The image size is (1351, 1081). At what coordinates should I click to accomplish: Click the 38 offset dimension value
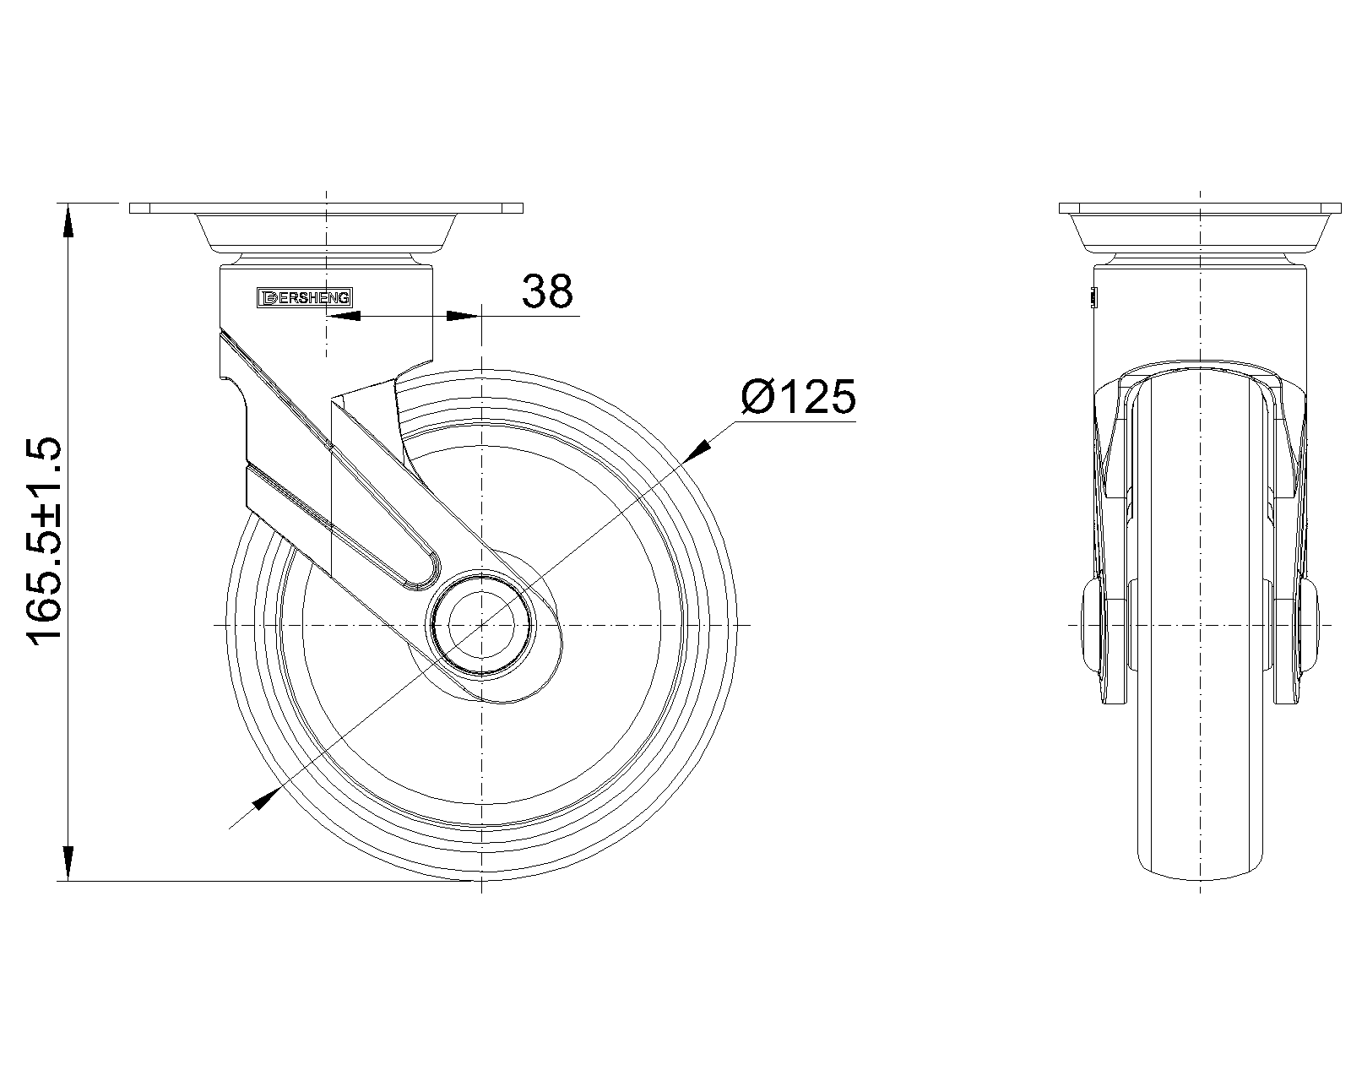pos(547,291)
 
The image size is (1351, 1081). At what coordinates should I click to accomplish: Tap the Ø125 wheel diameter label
pos(799,396)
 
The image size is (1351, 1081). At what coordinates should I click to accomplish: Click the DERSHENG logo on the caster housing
pos(305,298)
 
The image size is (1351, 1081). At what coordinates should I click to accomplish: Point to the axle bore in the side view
pos(481,625)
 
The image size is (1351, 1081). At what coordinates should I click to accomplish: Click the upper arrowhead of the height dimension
pos(68,220)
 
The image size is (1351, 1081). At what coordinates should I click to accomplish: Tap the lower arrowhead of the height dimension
pos(68,864)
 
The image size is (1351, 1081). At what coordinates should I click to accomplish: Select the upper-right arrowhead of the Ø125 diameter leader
pos(699,450)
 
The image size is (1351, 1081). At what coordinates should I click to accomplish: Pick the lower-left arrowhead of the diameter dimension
pos(265,800)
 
